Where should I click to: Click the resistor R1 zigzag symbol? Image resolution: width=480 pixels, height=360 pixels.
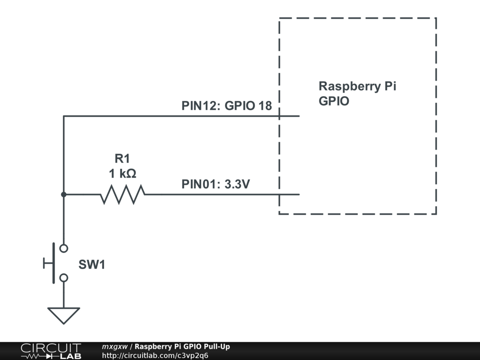pos(122,194)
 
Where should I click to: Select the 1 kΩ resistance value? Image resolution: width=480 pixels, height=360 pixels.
pos(122,174)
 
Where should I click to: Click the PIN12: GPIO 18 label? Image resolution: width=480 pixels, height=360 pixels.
pos(226,105)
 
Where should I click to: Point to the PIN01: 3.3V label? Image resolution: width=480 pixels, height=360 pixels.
pos(216,184)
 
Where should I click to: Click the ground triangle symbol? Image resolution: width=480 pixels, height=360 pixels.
pos(64,315)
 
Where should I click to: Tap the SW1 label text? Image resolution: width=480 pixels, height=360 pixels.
pos(92,265)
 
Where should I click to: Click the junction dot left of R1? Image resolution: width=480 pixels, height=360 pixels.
pos(64,194)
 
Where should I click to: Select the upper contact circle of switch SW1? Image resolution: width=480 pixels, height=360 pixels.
pos(64,248)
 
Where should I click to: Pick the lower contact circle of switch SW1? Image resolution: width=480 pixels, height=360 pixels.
pos(64,278)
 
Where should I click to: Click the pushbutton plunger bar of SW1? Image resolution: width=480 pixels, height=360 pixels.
pos(52,263)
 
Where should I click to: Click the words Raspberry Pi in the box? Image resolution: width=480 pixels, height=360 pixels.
pos(357,86)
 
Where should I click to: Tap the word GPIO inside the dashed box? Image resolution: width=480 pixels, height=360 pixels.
pos(334,101)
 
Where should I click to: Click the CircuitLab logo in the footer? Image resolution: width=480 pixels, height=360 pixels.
pos(50,351)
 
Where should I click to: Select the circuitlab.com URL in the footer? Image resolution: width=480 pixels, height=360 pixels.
pos(155,355)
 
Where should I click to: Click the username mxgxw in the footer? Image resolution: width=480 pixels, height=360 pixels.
pos(114,347)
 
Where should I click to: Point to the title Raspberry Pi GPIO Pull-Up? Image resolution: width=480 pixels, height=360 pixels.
pos(182,347)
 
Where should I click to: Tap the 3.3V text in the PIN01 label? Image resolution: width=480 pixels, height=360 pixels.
pos(237,184)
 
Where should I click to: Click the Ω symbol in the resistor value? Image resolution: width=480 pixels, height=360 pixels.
pos(131,174)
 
